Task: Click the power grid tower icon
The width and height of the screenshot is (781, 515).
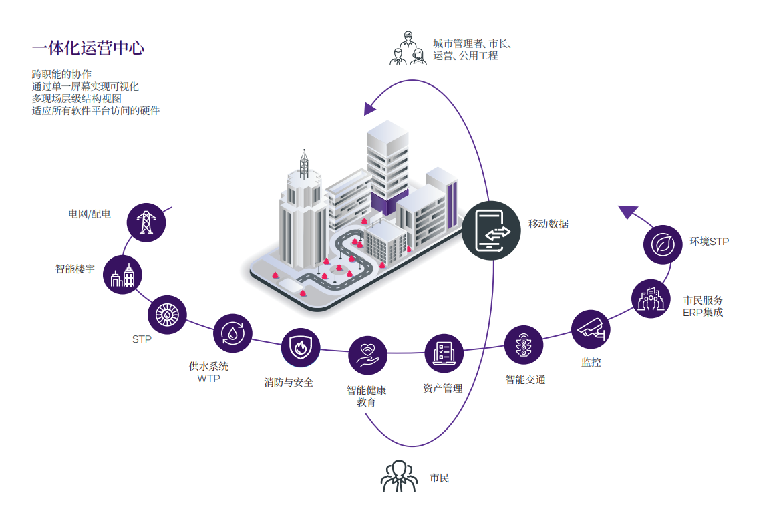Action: [146, 222]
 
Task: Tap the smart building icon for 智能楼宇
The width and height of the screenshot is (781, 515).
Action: [122, 275]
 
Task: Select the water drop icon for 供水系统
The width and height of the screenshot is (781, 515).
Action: [232, 333]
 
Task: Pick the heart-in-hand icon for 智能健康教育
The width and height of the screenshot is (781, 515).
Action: [367, 355]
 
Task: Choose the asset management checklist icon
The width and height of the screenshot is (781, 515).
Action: [444, 353]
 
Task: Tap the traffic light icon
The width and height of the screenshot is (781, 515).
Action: [524, 345]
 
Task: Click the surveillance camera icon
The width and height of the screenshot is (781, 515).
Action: [591, 329]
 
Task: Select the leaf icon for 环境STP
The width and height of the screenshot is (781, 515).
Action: [663, 244]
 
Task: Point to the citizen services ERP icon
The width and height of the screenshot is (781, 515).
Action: [651, 299]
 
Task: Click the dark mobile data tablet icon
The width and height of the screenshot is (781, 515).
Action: [491, 230]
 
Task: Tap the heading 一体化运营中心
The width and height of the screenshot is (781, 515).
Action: [88, 48]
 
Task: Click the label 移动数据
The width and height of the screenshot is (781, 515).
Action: [549, 224]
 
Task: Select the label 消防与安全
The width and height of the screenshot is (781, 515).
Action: [289, 383]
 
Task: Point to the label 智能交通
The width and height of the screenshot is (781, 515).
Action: [526, 380]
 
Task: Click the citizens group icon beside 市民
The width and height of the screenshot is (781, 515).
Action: [399, 476]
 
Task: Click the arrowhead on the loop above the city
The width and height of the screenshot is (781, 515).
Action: [369, 108]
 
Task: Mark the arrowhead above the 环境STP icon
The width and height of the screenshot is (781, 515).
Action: [628, 212]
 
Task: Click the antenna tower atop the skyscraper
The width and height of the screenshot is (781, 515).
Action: [304, 164]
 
